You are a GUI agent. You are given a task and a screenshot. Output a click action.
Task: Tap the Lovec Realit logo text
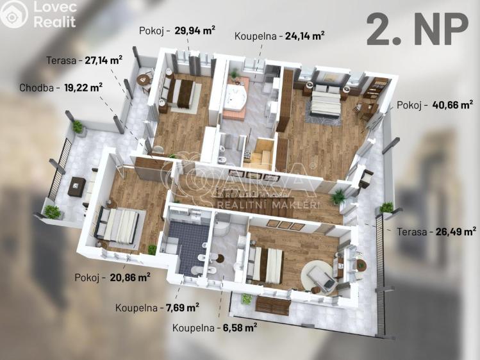[x=54, y=15]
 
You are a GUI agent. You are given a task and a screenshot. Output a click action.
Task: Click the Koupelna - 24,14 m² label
[x=279, y=36]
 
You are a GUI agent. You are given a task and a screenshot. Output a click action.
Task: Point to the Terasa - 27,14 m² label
[x=84, y=60]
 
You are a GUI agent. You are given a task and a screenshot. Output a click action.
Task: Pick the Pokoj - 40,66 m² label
[x=434, y=104]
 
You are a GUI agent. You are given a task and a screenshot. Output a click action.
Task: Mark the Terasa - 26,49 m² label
[x=436, y=231]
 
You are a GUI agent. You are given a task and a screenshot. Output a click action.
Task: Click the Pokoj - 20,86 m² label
[x=112, y=277]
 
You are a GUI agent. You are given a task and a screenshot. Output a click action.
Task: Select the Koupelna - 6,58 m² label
[x=215, y=327]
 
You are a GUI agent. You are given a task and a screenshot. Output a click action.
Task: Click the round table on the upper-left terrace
[x=143, y=80]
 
